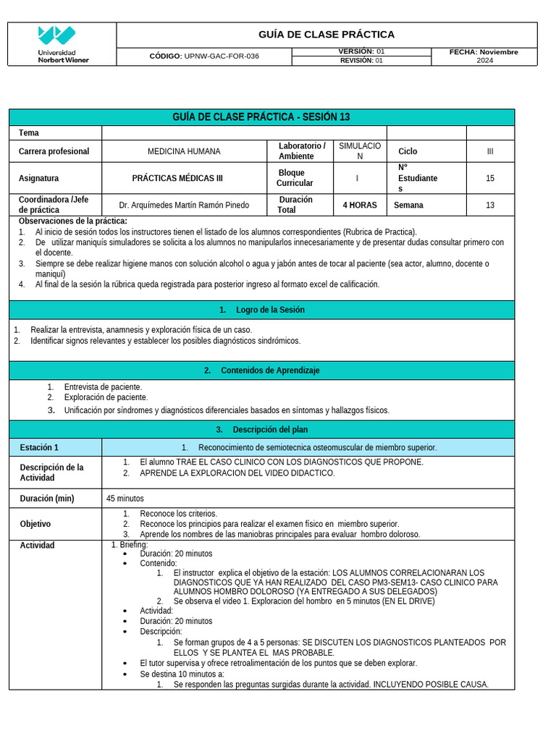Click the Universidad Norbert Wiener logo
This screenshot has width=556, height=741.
[x=62, y=44]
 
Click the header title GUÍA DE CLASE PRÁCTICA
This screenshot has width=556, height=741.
[x=327, y=35]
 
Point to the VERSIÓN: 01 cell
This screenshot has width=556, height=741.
[x=361, y=51]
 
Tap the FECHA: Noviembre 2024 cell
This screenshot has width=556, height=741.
[x=484, y=56]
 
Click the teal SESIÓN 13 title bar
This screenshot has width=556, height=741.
[x=261, y=117]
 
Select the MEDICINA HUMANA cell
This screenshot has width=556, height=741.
[x=184, y=151]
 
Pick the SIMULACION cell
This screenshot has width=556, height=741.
[x=360, y=151]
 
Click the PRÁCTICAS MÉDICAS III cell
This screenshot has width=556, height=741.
[x=177, y=178]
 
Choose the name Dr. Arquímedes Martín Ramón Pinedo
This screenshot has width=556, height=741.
[x=184, y=206]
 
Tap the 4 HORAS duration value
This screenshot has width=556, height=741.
[x=360, y=206]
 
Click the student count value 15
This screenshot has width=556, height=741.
[x=490, y=178]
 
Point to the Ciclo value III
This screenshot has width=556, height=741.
[x=490, y=151]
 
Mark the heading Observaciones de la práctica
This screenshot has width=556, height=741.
[x=72, y=221]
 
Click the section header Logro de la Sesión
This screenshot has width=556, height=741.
[x=262, y=310]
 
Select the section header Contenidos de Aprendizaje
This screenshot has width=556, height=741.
[x=262, y=370]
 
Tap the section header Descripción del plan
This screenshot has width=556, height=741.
[x=262, y=430]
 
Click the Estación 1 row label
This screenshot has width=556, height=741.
[x=40, y=447]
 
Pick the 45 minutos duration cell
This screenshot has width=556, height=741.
[x=125, y=499]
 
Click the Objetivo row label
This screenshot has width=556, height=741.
[x=35, y=524]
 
